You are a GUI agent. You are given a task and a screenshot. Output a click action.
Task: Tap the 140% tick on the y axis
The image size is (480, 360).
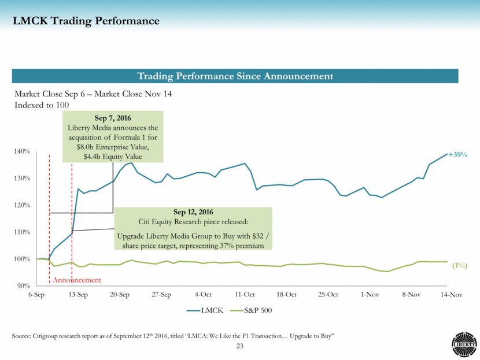coord(23,151)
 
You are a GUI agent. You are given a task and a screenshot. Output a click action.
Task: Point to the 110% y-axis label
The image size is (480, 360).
coord(23,232)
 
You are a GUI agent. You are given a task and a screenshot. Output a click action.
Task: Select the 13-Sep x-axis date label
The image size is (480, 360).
coord(78,295)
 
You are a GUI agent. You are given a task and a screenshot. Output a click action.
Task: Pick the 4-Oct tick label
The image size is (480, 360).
coord(203,295)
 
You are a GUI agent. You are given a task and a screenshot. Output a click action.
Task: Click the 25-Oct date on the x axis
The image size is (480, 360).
coord(328,295)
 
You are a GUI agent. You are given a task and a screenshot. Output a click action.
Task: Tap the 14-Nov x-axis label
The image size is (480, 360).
coord(452,295)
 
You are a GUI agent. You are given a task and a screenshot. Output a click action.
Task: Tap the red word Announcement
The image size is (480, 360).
coord(77,280)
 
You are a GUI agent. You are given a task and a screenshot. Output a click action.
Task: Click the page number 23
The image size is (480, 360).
coord(239,346)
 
